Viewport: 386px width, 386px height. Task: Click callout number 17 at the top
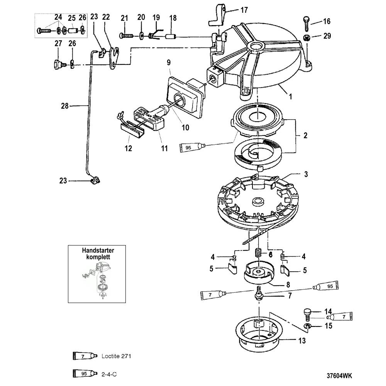[244, 10]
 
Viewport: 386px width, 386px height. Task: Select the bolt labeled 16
[306, 24]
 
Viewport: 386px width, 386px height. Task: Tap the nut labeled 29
[306, 38]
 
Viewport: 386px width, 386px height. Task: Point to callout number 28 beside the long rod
[65, 106]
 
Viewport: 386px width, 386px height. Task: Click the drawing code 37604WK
[339, 376]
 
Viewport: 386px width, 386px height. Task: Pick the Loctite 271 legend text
[116, 356]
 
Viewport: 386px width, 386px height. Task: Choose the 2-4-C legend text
[109, 374]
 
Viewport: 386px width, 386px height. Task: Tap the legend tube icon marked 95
[85, 373]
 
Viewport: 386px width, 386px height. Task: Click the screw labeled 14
[307, 315]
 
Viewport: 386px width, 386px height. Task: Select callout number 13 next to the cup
[302, 341]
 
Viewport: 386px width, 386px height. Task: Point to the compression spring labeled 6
[257, 253]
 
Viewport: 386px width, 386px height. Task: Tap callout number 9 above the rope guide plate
[169, 63]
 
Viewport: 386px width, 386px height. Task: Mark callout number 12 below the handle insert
[128, 148]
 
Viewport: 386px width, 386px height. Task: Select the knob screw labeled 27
[59, 65]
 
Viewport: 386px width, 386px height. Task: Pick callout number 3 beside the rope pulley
[306, 174]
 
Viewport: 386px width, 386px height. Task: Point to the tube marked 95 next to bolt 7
[325, 286]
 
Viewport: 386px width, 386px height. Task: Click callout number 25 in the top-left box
[72, 18]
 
